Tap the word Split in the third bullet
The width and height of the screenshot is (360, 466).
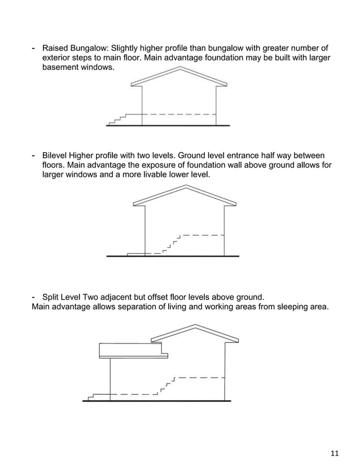(x=51, y=297)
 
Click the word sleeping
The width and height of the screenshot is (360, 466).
(x=286, y=307)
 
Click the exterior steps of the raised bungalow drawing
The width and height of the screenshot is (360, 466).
(x=117, y=119)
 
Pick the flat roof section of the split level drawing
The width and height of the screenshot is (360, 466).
(x=133, y=350)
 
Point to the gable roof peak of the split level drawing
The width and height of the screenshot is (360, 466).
(x=195, y=326)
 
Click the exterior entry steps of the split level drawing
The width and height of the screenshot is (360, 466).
(x=91, y=396)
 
